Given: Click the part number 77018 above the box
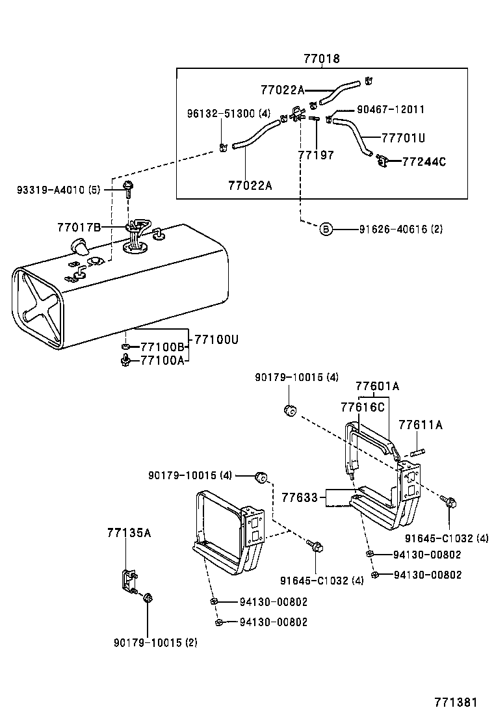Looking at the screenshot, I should pos(321,59).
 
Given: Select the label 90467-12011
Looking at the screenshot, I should pos(391,110).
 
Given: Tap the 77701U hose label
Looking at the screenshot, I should pos(403,138).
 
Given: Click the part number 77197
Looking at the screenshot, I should pos(316,155).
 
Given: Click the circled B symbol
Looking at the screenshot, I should pos(326,229).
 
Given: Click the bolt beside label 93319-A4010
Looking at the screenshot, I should pos(128,189).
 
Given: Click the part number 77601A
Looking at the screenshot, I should pos(377,386).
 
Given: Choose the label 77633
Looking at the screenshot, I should pos(300,497).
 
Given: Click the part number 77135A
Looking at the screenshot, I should pos(129,533).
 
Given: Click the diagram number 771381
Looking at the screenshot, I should pos(456,702).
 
